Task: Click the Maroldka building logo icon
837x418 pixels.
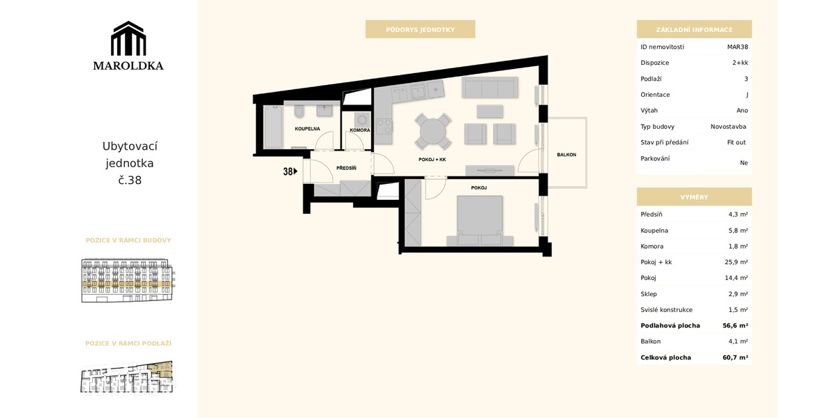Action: point(128,38)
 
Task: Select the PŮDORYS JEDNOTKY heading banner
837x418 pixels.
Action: point(420,29)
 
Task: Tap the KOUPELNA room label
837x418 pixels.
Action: point(307,129)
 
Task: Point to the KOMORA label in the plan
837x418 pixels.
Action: point(360,130)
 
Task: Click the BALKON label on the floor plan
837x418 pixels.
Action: point(566,155)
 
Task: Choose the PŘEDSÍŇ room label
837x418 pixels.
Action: point(347,169)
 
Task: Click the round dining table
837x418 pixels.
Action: point(432,132)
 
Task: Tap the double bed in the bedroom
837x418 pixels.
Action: point(479,221)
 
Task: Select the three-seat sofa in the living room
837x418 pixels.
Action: point(490,87)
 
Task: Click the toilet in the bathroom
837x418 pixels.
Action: point(299,111)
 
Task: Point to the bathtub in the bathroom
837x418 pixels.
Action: point(273,127)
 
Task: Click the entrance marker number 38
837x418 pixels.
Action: point(288,171)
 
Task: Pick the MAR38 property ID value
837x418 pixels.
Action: point(737,47)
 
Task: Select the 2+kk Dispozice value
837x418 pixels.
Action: point(740,63)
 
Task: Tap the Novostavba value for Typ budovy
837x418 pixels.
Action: point(728,127)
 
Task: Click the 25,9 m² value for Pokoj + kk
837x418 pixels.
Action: point(736,262)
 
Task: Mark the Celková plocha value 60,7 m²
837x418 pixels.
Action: point(735,357)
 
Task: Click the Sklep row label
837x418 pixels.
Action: point(648,294)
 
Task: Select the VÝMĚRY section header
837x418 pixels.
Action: point(694,196)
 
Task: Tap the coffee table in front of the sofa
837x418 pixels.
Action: point(490,111)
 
